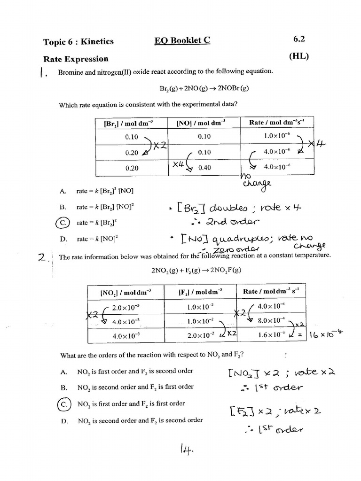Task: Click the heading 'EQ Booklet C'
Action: pos(182,41)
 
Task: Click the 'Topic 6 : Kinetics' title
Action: pos(78,41)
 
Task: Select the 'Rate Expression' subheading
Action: pos(76,59)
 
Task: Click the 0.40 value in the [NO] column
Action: pos(204,168)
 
